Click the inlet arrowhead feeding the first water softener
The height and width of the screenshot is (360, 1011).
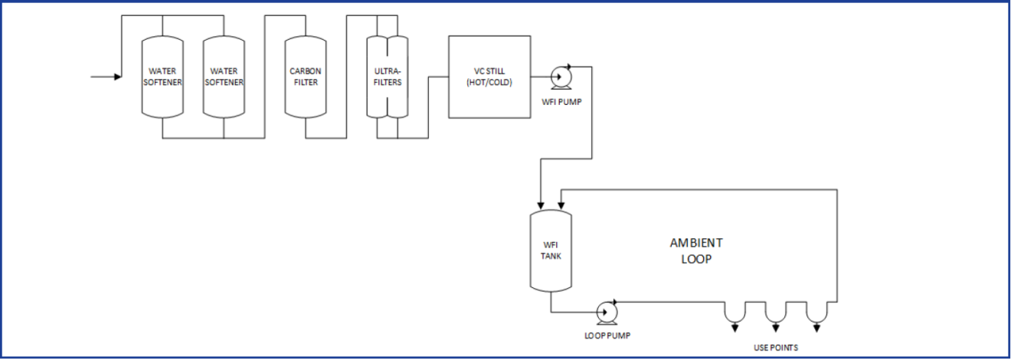coord(117,77)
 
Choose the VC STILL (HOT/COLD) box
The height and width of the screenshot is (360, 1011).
coord(489,77)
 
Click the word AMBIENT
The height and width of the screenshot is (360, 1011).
coord(695,243)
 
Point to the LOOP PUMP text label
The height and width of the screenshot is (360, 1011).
coord(608,335)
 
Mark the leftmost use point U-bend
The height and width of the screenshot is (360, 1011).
coord(735,313)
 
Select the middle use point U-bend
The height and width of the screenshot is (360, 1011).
coord(776,313)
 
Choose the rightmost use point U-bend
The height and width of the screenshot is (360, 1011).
coord(817,313)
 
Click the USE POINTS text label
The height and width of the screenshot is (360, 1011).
coord(776,348)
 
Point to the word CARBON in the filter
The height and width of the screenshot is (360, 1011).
coord(305,70)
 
